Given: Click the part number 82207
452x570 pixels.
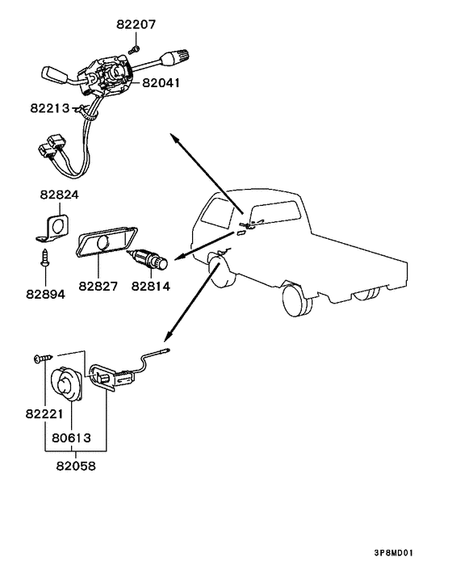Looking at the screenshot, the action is click(x=136, y=24).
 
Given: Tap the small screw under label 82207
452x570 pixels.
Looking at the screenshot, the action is click(x=135, y=49).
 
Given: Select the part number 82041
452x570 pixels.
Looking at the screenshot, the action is click(x=161, y=83).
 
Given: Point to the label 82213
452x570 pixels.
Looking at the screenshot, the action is click(x=50, y=108).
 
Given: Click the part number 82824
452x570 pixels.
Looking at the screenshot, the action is click(x=59, y=195).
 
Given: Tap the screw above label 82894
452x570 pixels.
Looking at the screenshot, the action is click(x=45, y=258).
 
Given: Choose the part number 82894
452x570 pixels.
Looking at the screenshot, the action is click(x=45, y=294).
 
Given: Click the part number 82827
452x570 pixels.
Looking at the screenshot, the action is click(x=98, y=286).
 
